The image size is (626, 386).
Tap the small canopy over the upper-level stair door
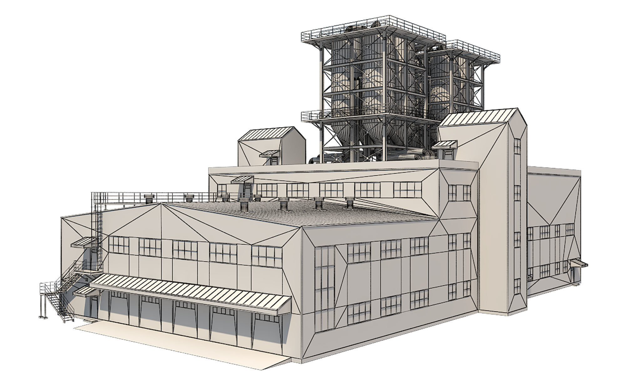(x=84, y=242)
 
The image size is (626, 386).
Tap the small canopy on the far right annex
(x=578, y=264)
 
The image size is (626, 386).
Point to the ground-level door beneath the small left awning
(x=93, y=307)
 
